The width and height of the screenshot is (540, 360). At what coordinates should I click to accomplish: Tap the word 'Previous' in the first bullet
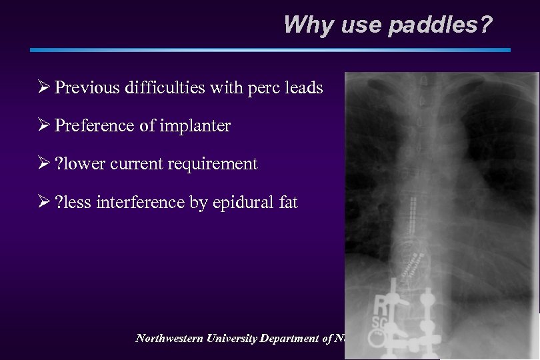87,87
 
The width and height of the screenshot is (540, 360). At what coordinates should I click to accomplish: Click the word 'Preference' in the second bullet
94,125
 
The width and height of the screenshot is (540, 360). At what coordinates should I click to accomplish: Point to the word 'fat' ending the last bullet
287,201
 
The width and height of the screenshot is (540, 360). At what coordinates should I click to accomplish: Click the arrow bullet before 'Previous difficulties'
43,87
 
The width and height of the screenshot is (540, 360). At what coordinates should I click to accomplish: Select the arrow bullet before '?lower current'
43,163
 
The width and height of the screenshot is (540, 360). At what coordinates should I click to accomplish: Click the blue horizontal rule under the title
270,50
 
